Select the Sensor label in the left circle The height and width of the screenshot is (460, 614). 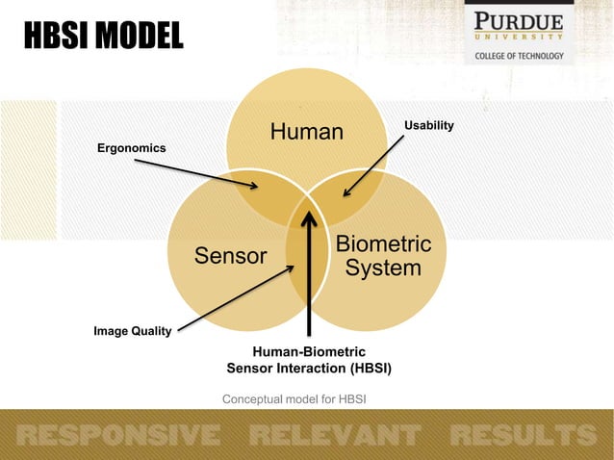click(230, 256)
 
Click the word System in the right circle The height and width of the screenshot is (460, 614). click(383, 268)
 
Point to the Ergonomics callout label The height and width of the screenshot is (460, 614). click(132, 148)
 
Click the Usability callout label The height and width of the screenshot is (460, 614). click(428, 126)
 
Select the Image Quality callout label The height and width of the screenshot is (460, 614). click(132, 332)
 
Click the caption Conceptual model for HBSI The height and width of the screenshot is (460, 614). click(294, 399)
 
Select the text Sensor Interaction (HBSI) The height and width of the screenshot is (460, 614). click(309, 369)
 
